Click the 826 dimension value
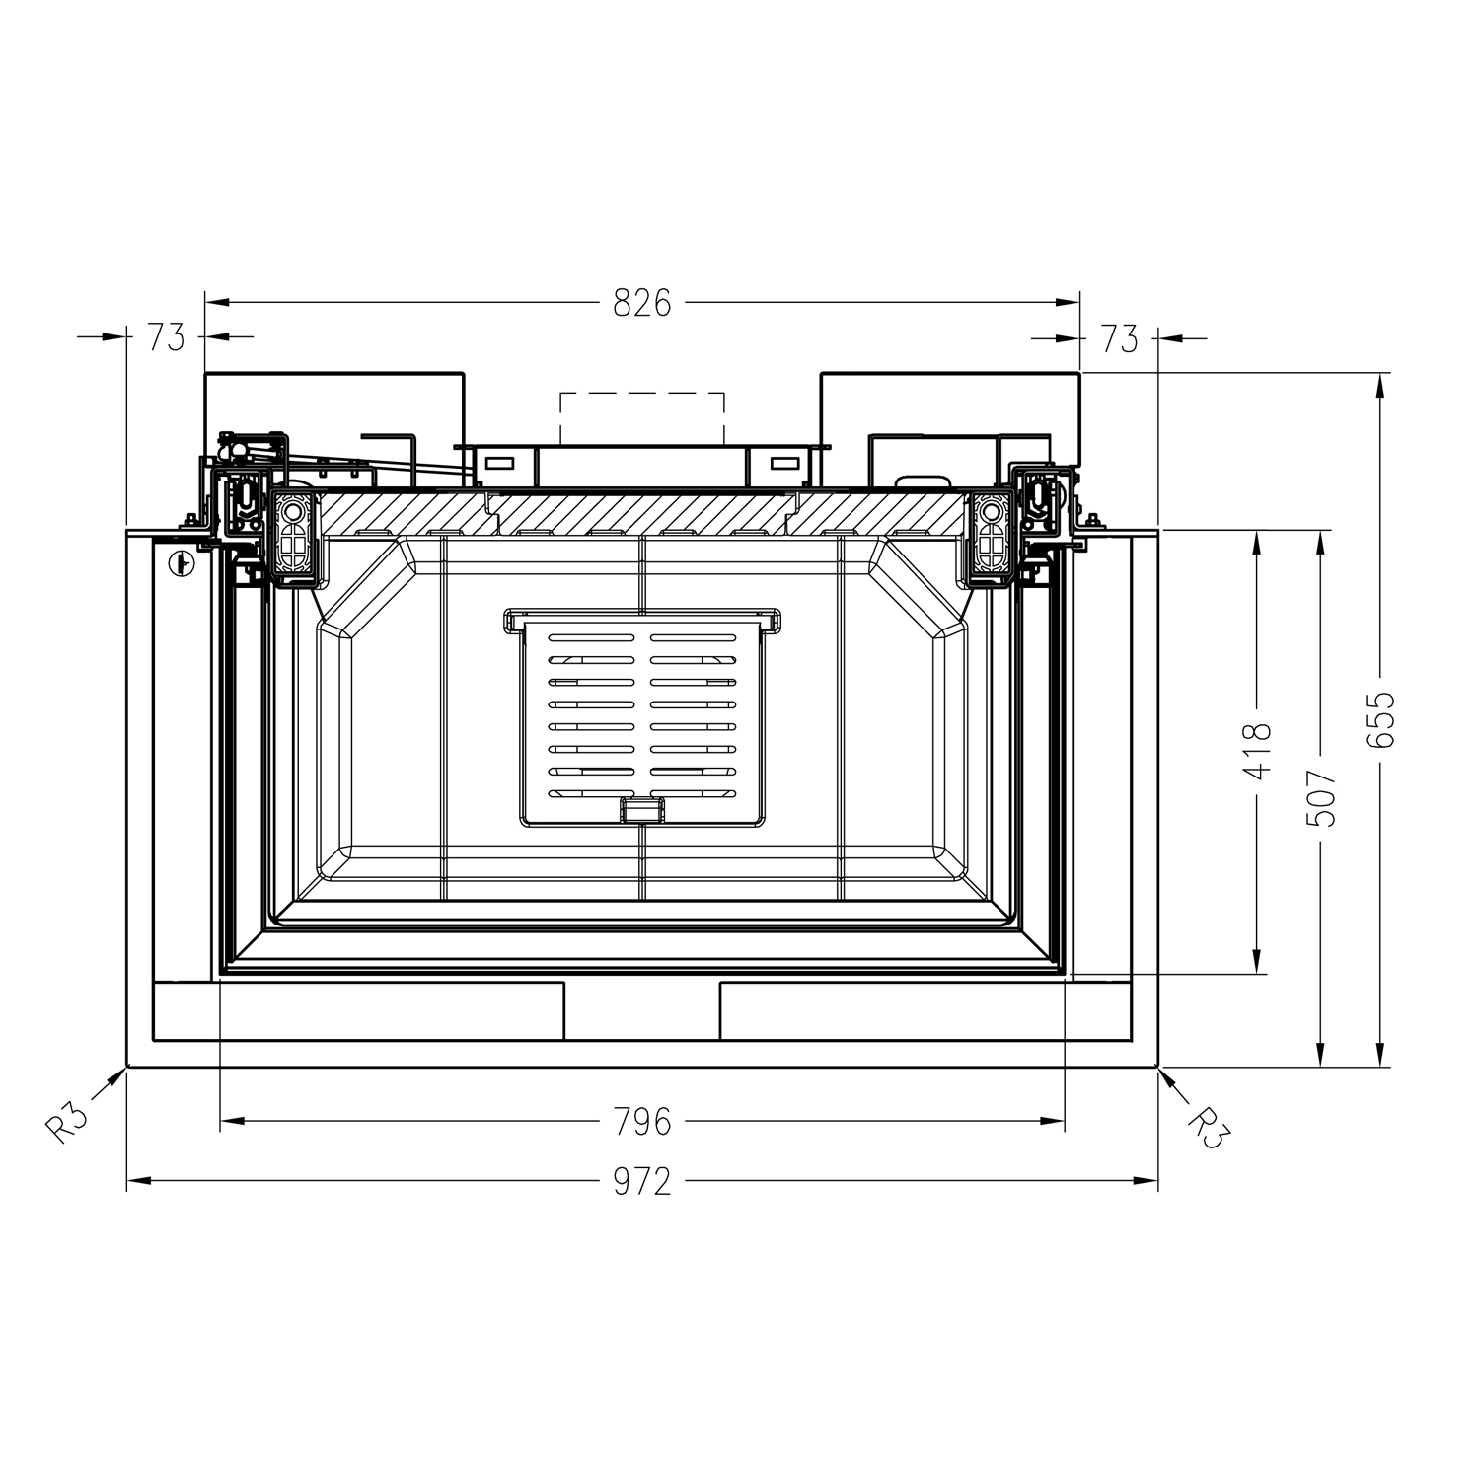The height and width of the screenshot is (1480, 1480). coord(641,303)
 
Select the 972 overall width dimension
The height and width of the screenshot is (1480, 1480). coord(641,1181)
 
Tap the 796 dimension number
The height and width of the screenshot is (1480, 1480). coord(641,1122)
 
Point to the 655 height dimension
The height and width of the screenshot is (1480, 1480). coord(1381,719)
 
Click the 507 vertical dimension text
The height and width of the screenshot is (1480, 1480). coord(1322,797)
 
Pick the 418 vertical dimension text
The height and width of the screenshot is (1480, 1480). coord(1257,751)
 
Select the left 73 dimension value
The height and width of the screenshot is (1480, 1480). coord(166,337)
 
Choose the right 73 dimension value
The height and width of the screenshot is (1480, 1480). coord(1119,339)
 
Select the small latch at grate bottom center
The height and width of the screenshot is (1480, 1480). coord(642,809)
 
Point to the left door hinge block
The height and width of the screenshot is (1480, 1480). coord(293,537)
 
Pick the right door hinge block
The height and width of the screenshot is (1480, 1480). coord(989,537)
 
